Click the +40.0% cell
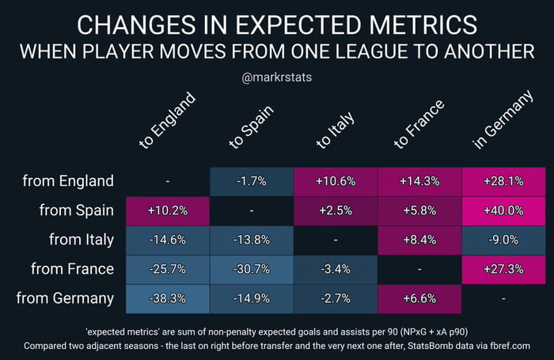[503, 210]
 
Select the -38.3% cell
[168, 299]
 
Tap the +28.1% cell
[503, 181]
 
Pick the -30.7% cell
[252, 270]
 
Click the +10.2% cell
[168, 210]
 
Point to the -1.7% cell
[252, 181]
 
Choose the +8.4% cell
[419, 240]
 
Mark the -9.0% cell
[503, 240]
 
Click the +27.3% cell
[503, 270]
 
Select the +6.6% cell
[419, 299]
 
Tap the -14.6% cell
[168, 240]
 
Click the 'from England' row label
[69, 181]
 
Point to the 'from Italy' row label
[78, 240]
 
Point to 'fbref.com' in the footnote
[503, 346]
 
